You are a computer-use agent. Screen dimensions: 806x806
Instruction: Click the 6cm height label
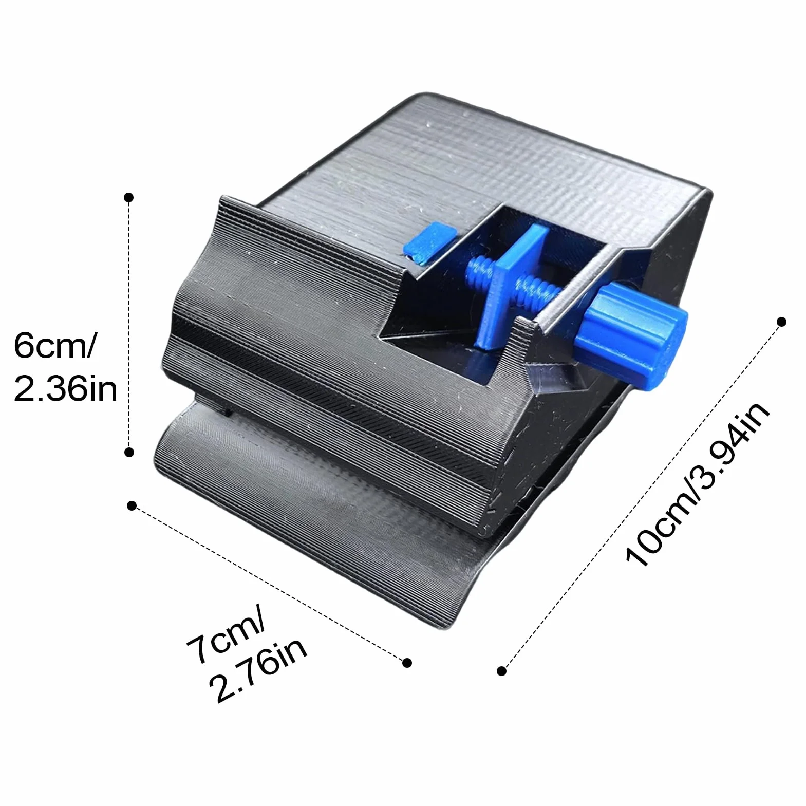(x=54, y=345)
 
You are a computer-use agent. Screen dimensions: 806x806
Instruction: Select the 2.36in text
(x=66, y=389)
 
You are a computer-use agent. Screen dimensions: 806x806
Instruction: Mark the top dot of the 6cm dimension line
(x=129, y=197)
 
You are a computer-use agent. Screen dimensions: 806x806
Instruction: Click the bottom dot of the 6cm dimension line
(x=129, y=452)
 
